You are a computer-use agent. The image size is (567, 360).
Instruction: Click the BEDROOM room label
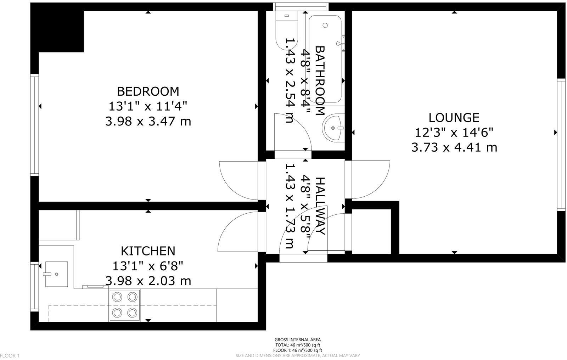click(x=148, y=91)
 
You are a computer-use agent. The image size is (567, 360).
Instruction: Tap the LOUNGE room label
click(x=454, y=117)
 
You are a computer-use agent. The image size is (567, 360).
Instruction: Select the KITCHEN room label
click(x=148, y=251)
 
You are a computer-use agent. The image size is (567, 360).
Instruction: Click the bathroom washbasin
click(x=333, y=128)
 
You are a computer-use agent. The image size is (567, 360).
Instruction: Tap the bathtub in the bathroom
click(x=325, y=58)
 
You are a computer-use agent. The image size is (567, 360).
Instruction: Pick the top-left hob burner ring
click(x=117, y=296)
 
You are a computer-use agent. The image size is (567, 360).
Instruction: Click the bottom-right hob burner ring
click(x=133, y=313)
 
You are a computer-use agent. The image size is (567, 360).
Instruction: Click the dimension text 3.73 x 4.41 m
click(x=454, y=147)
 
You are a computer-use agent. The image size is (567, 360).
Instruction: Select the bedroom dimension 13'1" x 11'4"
click(x=148, y=106)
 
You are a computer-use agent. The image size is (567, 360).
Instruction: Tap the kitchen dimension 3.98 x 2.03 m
click(x=148, y=281)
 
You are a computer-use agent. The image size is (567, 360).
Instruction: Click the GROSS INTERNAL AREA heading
click(x=298, y=340)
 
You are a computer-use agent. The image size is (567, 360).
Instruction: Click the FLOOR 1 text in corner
click(x=10, y=355)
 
